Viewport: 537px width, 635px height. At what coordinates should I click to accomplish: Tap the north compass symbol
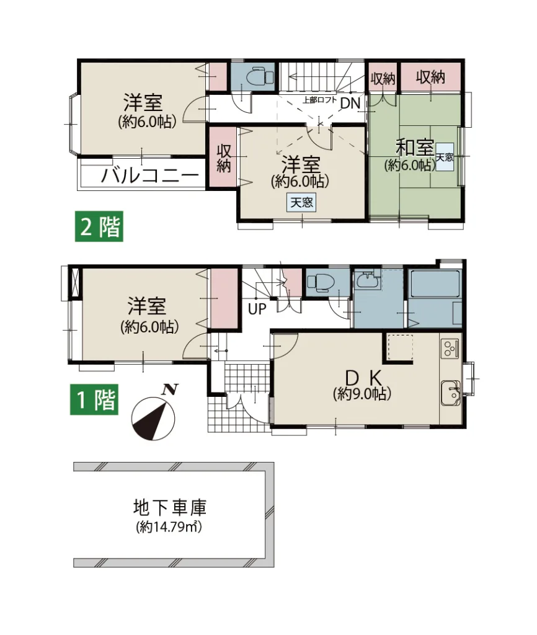coord(154,417)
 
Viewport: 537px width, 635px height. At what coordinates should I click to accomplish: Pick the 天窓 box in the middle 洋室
coord(301,202)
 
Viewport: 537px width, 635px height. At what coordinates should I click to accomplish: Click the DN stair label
coord(350,104)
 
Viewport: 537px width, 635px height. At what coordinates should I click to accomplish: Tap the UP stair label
coord(256,308)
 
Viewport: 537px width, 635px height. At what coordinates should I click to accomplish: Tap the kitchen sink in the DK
coord(450,392)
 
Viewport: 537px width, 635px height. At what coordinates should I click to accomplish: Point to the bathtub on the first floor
coord(434,285)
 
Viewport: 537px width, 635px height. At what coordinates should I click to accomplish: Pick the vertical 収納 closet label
coord(223,158)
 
